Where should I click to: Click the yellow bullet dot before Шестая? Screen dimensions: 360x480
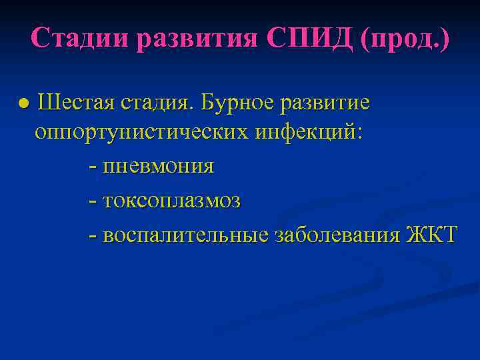pos(22,105)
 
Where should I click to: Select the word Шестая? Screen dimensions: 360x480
pos(76,104)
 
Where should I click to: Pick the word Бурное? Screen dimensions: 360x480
pos(237,104)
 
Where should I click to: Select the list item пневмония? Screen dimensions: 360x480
pos(159,166)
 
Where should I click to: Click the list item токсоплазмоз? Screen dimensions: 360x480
pos(172,201)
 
